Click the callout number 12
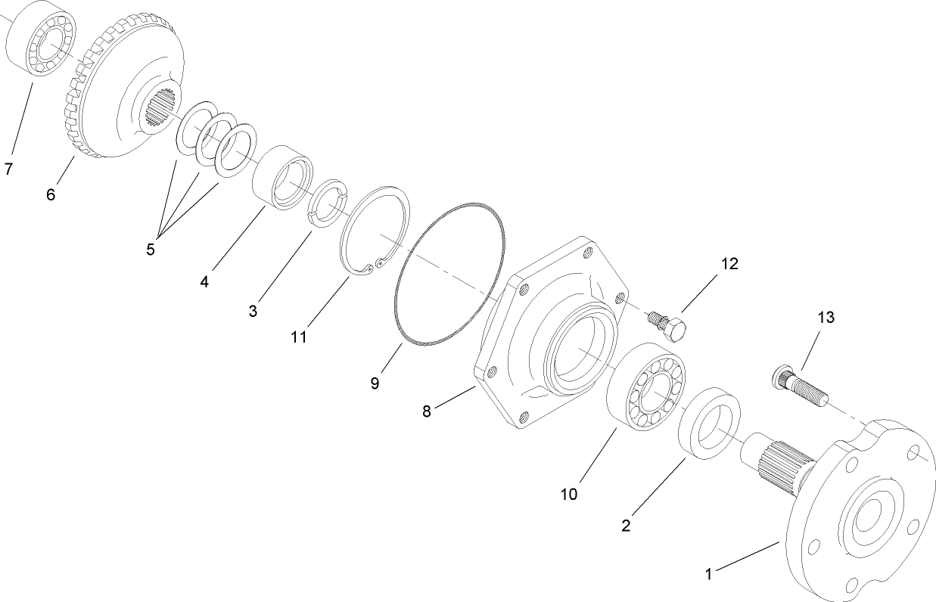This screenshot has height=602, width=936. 729,264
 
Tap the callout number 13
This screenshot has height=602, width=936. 826,318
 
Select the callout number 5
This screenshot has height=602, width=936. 151,249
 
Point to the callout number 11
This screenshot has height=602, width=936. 299,337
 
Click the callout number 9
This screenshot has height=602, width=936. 375,383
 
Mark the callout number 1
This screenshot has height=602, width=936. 709,574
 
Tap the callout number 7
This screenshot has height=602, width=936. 8,169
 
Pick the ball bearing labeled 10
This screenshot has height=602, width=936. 648,386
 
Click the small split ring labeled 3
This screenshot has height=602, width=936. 328,203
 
